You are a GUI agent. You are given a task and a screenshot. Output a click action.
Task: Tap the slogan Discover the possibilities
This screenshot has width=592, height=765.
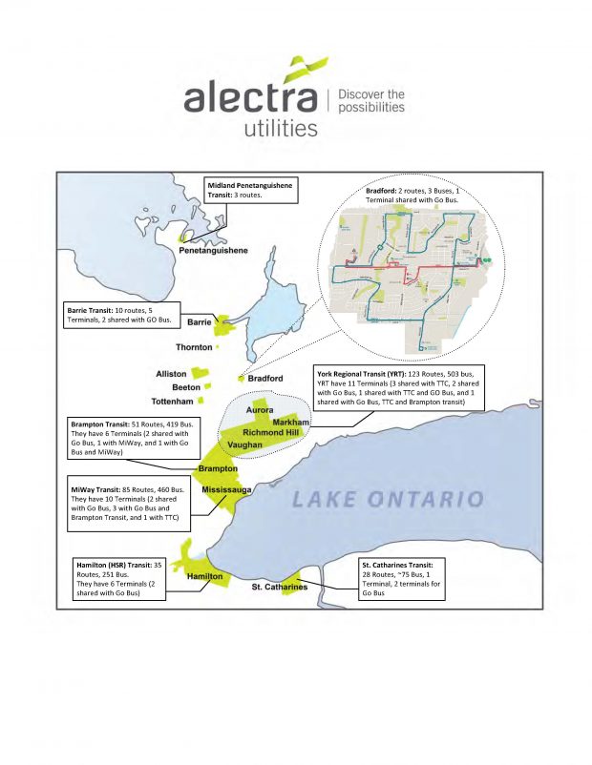[371, 101]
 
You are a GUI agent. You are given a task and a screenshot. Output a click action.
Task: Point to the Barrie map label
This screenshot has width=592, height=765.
[199, 322]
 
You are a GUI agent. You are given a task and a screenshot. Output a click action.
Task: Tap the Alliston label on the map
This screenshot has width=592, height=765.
[172, 374]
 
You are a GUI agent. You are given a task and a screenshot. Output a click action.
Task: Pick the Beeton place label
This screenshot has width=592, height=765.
[186, 387]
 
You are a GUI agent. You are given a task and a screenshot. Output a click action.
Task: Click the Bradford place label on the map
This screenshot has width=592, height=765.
[265, 379]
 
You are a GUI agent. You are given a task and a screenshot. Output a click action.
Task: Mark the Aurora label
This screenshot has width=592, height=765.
[261, 410]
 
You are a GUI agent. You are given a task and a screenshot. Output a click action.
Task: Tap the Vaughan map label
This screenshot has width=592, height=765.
[245, 445]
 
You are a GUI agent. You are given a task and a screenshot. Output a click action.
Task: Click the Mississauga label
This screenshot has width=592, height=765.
[226, 489]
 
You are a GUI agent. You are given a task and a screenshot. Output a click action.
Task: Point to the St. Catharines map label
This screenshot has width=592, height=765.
[279, 588]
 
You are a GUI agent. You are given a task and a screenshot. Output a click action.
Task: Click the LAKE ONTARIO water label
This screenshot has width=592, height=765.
[388, 499]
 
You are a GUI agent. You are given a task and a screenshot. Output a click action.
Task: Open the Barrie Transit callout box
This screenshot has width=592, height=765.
[122, 316]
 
